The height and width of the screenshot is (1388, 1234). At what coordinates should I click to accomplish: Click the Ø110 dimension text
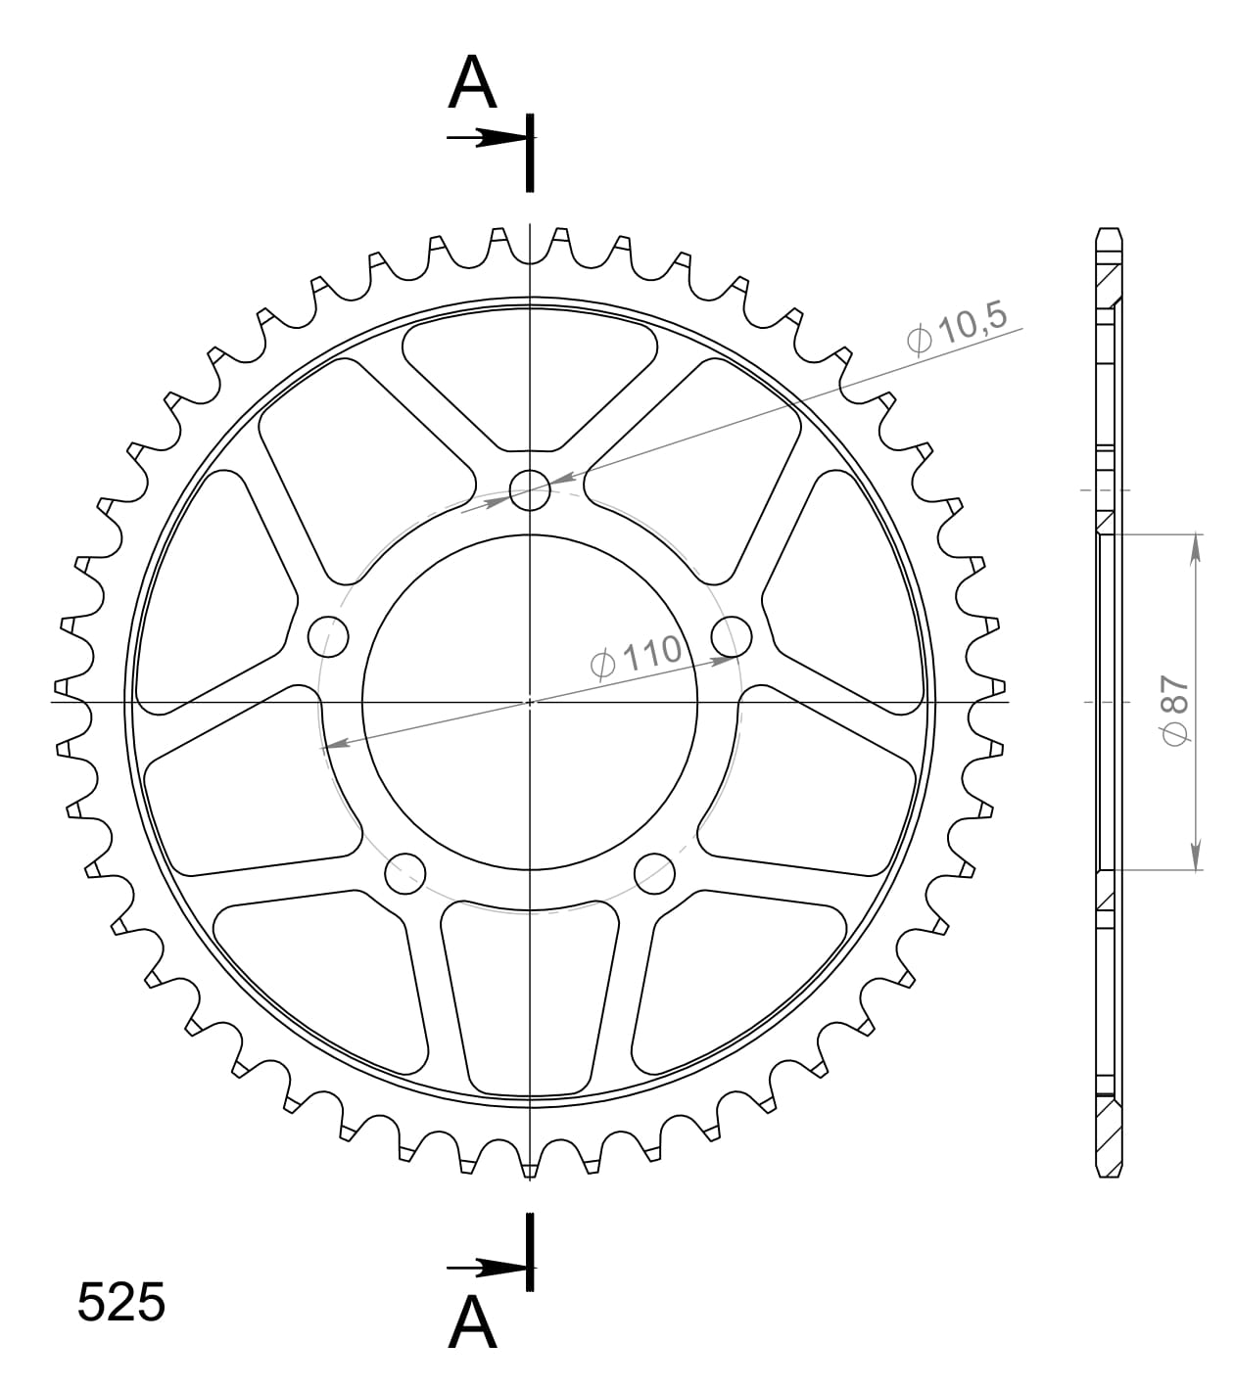637,657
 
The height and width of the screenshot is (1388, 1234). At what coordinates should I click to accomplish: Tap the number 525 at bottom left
121,1303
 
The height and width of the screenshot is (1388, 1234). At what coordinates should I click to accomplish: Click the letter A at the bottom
473,1323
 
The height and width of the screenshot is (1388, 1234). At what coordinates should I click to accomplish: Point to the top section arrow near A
485,138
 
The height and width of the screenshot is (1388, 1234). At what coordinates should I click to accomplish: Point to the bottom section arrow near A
485,1269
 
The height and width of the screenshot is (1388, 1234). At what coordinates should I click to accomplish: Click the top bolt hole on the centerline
530,489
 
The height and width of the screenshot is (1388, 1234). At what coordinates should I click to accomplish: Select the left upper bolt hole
328,637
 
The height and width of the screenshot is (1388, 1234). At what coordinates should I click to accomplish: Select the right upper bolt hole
732,637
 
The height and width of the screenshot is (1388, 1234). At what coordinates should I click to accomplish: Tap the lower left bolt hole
405,873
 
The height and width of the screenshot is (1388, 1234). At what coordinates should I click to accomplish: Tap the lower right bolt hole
654,873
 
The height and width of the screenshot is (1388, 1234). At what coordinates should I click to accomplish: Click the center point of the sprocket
530,701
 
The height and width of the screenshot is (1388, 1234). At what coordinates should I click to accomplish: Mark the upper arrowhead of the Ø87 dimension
1196,548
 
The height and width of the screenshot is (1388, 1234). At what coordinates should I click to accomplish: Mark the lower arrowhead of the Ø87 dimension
1196,856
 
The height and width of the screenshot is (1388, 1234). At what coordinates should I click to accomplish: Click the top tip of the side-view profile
1108,231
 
